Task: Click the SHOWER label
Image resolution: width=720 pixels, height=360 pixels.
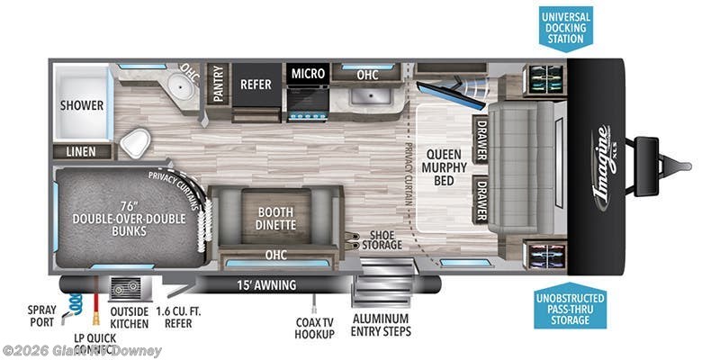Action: tap(82, 105)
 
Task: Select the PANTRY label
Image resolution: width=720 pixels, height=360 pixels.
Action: tap(216, 84)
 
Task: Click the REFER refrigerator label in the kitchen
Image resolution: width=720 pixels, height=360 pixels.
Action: tap(256, 85)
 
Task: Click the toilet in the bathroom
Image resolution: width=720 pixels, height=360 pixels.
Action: tap(136, 142)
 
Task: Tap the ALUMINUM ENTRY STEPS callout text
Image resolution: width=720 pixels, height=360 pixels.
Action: tap(380, 326)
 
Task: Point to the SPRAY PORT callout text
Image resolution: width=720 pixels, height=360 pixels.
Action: tap(40, 314)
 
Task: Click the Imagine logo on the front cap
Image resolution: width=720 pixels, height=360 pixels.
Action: tap(602, 166)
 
